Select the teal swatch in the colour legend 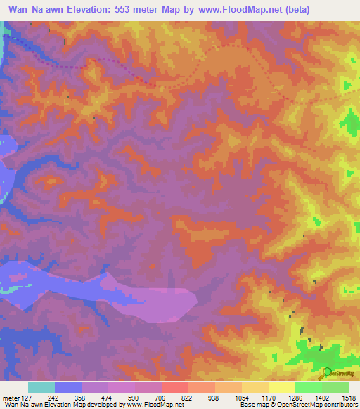pyautogui.click(x=41, y=387)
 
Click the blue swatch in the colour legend pyautogui.click(x=67, y=387)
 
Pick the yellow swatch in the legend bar pyautogui.click(x=281, y=387)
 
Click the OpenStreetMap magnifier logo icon pyautogui.click(x=326, y=373)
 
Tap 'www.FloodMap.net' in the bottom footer pyautogui.click(x=151, y=405)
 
